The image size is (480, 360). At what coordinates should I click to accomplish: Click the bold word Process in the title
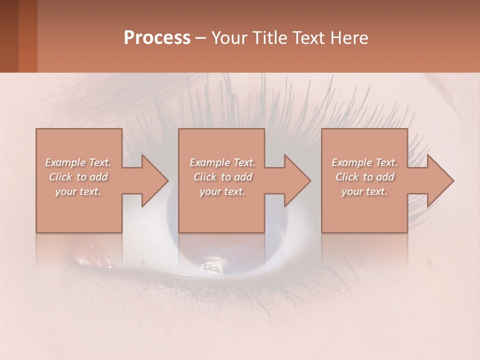coord(157,38)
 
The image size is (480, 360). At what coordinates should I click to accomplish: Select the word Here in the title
coord(349,38)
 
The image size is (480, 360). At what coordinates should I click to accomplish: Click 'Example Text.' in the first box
coord(78,162)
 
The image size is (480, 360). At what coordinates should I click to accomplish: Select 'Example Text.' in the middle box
coord(222,162)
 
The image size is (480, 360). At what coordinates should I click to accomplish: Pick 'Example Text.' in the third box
coord(364,162)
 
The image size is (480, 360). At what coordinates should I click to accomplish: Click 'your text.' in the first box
coord(78,191)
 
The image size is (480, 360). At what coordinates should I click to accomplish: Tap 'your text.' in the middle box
coord(222,191)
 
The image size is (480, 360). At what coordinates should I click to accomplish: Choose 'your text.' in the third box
coord(364,191)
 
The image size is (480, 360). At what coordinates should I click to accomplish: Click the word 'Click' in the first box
coord(60,177)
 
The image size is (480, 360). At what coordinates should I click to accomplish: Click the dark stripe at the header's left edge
coord(9,36)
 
